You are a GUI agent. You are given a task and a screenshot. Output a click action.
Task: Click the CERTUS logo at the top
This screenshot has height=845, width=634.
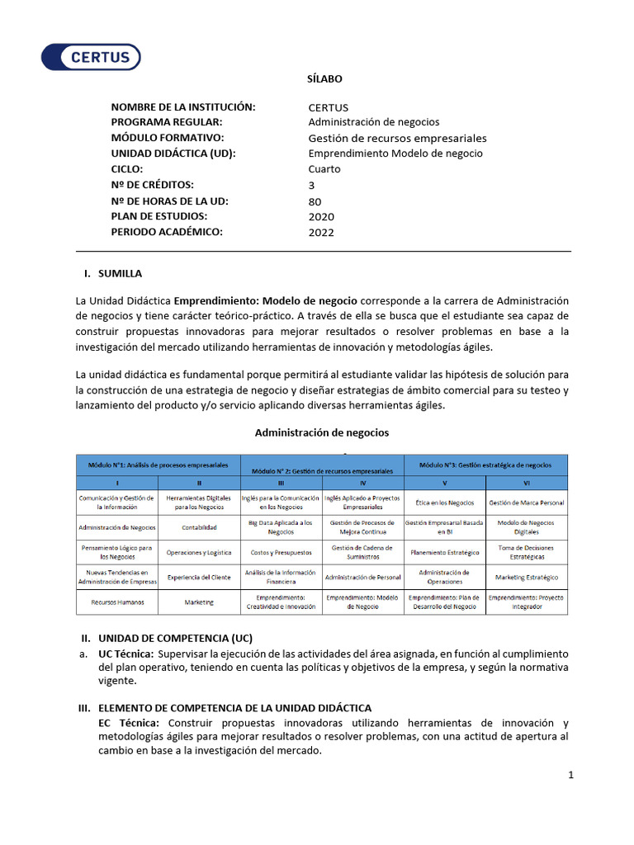(92, 57)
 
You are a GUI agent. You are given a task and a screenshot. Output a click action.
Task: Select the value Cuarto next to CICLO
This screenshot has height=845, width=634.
(324, 169)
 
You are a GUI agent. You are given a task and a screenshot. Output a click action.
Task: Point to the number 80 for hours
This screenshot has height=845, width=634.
(315, 201)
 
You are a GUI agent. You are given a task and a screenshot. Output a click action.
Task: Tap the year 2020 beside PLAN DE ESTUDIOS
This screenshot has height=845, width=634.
(321, 216)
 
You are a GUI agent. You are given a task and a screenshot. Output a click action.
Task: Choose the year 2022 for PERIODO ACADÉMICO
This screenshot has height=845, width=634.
(321, 232)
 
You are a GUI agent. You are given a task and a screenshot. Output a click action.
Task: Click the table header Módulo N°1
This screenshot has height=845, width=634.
(158, 465)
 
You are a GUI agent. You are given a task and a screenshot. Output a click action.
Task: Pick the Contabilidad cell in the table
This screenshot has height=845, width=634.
(199, 527)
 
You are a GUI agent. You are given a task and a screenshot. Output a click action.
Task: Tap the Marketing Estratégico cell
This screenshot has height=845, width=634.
(527, 578)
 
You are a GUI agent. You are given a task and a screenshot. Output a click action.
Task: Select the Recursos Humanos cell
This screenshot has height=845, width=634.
(117, 602)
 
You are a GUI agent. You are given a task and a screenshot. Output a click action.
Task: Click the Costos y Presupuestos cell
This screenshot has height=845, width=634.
(281, 552)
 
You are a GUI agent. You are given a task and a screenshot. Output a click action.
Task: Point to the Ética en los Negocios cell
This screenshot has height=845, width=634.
(445, 503)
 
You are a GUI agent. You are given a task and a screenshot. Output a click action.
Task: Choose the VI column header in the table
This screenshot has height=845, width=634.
(527, 483)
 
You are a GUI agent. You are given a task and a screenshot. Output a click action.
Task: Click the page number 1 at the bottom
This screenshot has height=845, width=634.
(570, 775)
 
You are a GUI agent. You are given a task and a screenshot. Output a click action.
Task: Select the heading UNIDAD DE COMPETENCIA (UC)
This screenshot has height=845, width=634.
(175, 638)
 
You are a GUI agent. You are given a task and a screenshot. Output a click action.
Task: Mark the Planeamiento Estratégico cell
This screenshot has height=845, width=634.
(445, 552)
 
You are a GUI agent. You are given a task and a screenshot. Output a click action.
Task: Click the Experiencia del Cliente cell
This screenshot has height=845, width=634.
(199, 578)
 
